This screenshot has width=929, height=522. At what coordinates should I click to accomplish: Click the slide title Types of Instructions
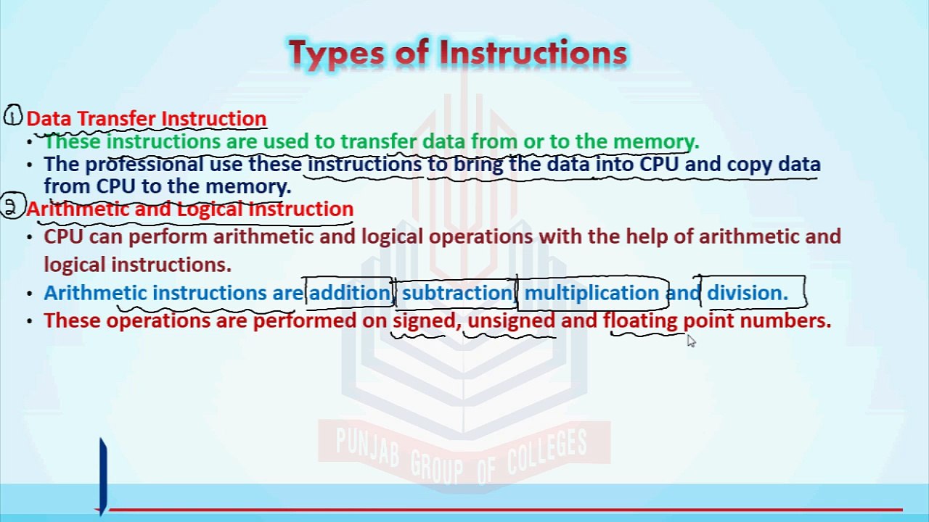click(457, 54)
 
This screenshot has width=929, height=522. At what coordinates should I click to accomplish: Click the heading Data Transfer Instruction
click(146, 119)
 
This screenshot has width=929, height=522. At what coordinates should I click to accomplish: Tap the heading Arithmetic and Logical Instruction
click(189, 209)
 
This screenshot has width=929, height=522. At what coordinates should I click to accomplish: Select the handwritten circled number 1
click(13, 116)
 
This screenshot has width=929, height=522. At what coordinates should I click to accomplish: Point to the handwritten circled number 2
click(11, 207)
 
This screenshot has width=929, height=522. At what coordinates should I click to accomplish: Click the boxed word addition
click(350, 293)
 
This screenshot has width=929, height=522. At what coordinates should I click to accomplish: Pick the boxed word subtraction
click(457, 293)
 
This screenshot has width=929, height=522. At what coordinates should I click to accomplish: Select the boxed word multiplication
click(591, 293)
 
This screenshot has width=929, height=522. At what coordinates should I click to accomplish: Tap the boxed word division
click(747, 293)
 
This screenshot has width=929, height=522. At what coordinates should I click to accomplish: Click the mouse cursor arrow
click(690, 341)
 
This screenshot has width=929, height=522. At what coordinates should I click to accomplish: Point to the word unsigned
click(511, 320)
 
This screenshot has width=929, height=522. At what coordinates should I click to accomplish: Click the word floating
click(640, 320)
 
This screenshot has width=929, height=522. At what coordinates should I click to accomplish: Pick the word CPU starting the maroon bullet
click(64, 237)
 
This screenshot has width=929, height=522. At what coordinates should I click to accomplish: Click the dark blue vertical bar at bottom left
click(103, 475)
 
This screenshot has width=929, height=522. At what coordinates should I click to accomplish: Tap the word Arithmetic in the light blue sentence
click(95, 293)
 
